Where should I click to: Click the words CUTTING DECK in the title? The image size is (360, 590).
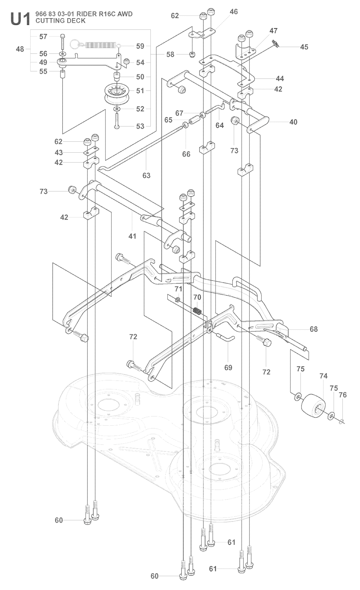pyautogui.click(x=60, y=21)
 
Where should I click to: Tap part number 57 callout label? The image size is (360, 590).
pyautogui.click(x=43, y=36)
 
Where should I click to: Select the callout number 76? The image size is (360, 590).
pyautogui.click(x=342, y=395)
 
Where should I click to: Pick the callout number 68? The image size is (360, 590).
pyautogui.click(x=314, y=329)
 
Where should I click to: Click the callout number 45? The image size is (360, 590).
pyautogui.click(x=304, y=46)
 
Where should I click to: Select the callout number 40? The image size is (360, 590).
pyautogui.click(x=293, y=122)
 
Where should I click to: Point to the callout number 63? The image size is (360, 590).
pyautogui.click(x=146, y=175)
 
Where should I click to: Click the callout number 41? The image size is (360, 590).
pyautogui.click(x=132, y=236)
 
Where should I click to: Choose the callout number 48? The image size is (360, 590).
pyautogui.click(x=20, y=49)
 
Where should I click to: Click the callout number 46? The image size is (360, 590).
pyautogui.click(x=233, y=12)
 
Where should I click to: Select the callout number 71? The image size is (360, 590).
pyautogui.click(x=179, y=289)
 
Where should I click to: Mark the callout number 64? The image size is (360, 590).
pyautogui.click(x=220, y=125)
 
